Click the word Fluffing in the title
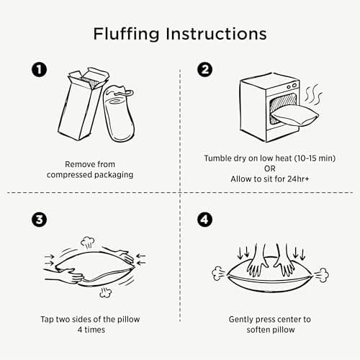point(126,34)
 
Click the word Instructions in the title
point(216,34)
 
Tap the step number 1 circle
point(39,70)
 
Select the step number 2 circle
point(204,70)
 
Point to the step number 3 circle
point(39,220)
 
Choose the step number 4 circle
point(204,220)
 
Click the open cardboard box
point(83,104)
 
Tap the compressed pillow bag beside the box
point(119,113)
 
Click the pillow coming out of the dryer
point(294,116)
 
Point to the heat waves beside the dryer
point(313,94)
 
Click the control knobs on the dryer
point(292,86)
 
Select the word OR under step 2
point(269,168)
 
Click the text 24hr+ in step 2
point(298,179)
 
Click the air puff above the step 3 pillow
point(87,242)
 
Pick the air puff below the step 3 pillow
point(105,292)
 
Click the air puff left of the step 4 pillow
point(218,274)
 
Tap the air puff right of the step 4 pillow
point(321,275)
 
